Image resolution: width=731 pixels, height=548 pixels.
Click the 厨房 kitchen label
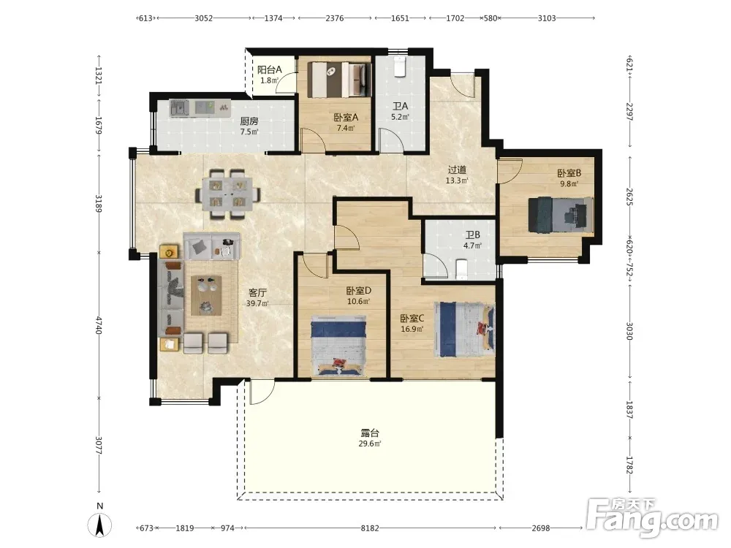click(249, 121)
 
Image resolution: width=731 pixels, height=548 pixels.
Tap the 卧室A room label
click(346, 118)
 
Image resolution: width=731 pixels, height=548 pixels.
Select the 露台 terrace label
click(370, 433)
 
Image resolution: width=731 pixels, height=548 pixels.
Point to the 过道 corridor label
click(457, 170)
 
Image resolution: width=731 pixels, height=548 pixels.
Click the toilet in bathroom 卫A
click(400, 66)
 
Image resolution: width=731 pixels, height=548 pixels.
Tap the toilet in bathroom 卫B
click(461, 270)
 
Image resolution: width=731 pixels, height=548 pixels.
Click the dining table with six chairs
click(227, 194)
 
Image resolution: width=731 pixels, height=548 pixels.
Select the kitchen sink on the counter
click(179, 108)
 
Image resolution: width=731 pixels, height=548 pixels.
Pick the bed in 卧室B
click(561, 215)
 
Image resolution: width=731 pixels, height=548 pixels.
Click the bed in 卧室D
click(338, 346)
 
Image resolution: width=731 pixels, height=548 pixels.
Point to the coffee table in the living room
click(206, 295)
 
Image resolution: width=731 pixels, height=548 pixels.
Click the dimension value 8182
click(370, 528)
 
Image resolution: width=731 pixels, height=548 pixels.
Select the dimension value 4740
click(99, 325)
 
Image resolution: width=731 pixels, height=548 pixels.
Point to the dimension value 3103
click(547, 18)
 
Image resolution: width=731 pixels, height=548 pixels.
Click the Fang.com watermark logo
click(652, 518)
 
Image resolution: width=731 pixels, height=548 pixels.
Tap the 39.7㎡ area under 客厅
click(257, 303)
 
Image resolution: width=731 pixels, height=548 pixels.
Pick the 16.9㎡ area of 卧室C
click(412, 329)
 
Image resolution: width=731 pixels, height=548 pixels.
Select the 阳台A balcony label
click(270, 70)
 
